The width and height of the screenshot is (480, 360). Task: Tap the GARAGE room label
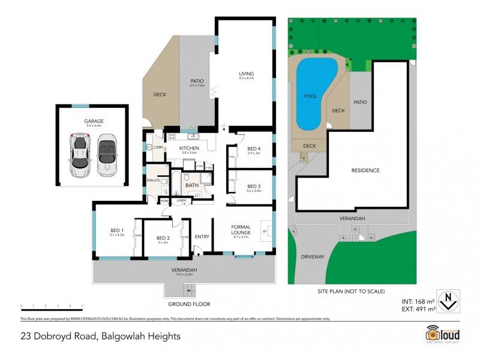94,121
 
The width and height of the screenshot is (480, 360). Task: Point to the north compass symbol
447,298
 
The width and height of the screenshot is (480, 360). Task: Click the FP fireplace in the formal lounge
264,230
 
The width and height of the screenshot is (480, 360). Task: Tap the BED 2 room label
163,239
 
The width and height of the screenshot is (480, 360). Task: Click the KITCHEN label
189,148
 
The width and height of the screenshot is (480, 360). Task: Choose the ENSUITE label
153,179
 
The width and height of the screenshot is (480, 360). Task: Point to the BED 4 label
253,149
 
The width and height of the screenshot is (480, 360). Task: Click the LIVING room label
247,74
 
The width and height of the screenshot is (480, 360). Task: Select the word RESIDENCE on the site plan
365,170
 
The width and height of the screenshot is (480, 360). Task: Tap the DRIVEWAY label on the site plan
312,257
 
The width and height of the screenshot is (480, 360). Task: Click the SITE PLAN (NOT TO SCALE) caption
351,291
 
